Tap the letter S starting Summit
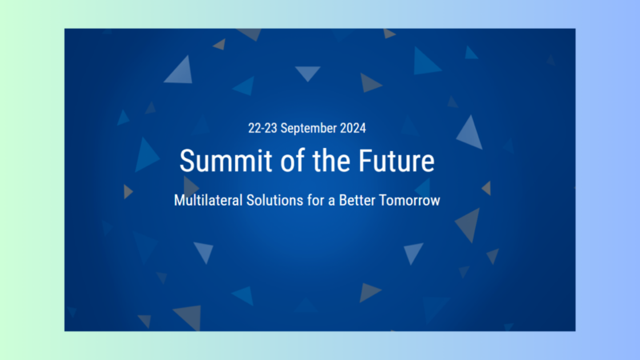click(x=186, y=161)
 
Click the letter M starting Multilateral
click(x=179, y=200)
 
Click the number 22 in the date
click(x=255, y=128)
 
